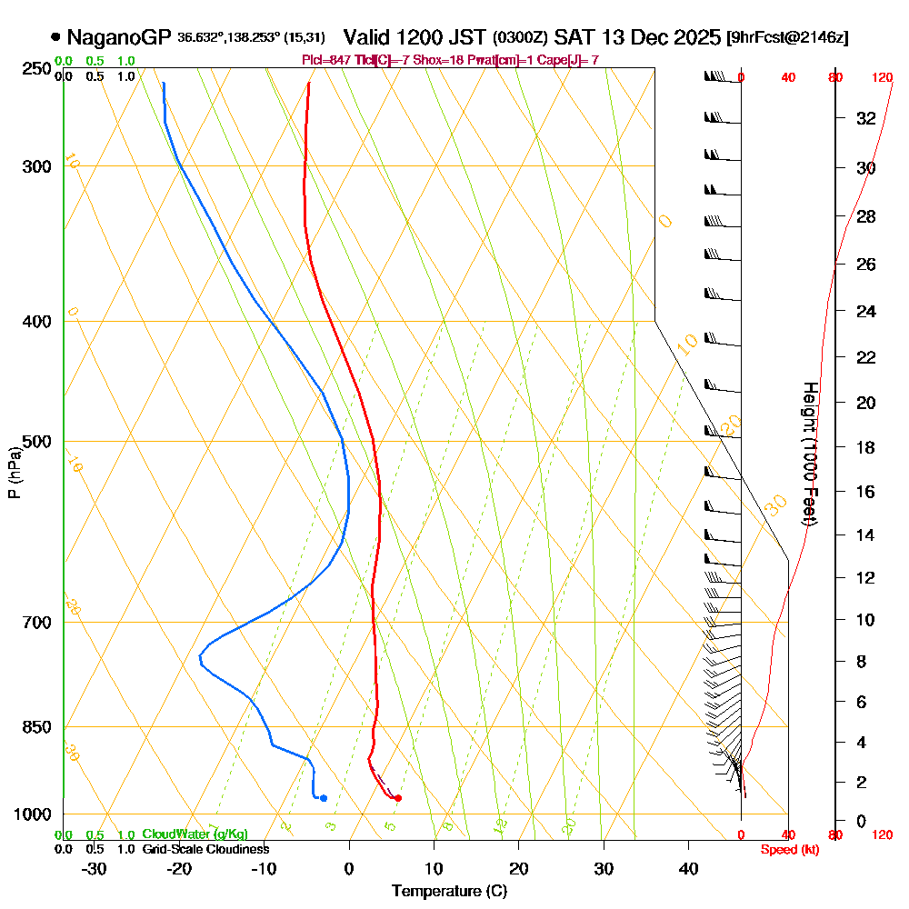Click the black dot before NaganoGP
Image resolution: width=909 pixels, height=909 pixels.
[56, 37]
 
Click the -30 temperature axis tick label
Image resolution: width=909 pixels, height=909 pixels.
[94, 869]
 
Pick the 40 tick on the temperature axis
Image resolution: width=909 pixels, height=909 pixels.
[688, 869]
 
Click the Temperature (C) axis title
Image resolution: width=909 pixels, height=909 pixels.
[449, 892]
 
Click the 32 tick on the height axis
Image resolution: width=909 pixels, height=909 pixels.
[865, 118]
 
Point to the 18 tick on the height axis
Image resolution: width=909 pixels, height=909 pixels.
[865, 447]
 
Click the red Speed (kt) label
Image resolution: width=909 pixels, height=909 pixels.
[788, 850]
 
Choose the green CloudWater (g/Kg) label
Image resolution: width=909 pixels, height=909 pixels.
[195, 834]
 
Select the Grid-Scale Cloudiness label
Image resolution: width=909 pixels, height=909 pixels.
[205, 849]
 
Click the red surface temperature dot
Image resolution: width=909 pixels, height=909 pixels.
[398, 798]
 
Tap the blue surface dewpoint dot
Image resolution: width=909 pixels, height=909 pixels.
[324, 798]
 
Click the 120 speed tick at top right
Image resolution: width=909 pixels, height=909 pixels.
[882, 78]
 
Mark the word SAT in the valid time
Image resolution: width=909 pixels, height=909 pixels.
[573, 37]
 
